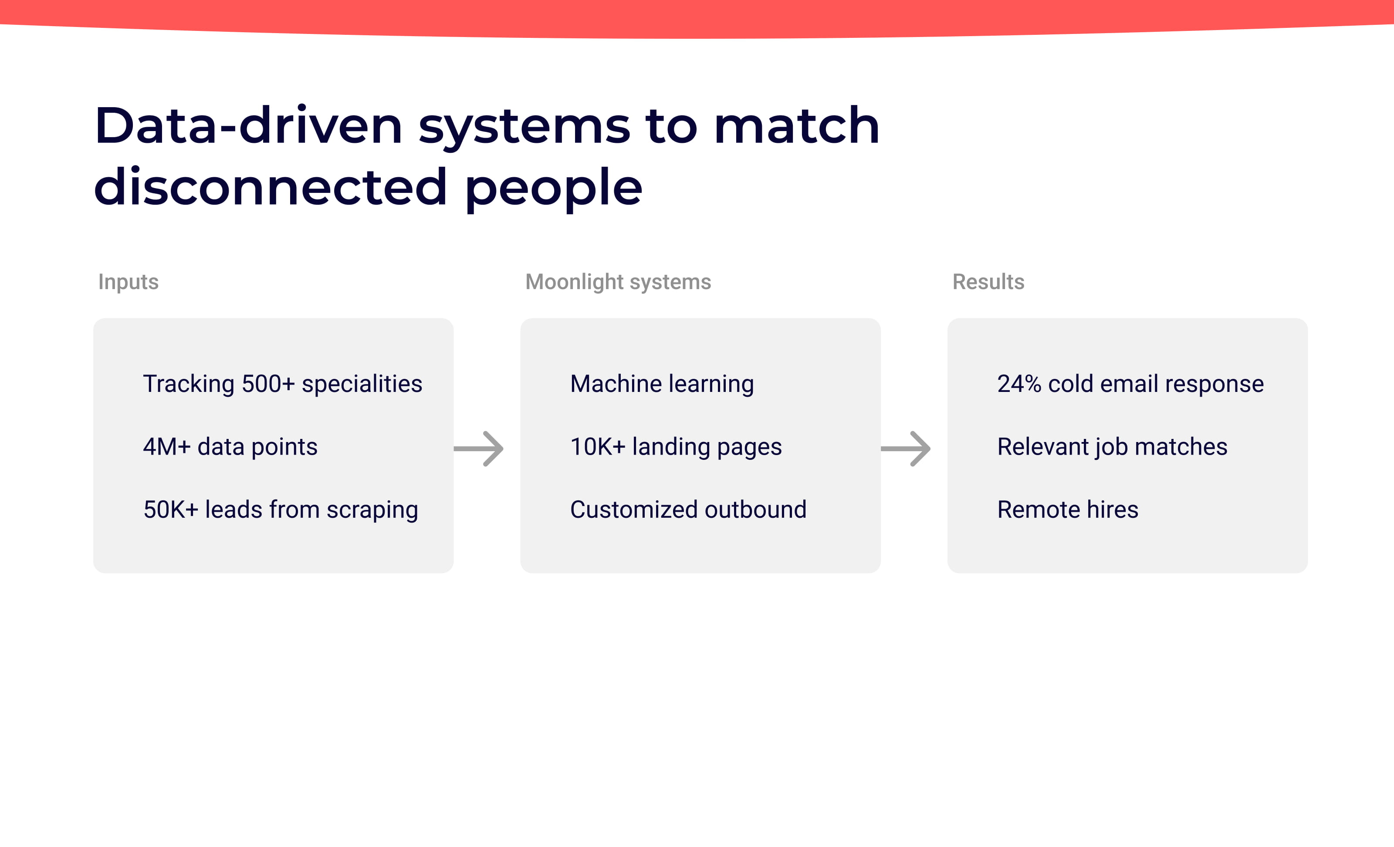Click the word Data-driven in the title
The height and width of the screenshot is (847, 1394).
[x=248, y=125]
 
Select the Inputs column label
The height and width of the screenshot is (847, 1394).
[x=129, y=282]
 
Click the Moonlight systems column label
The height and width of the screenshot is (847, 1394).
[x=618, y=282]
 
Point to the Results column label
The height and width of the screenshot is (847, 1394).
[x=988, y=282]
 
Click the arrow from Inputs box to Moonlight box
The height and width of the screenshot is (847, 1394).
[x=479, y=449]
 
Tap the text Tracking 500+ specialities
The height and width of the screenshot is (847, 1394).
[x=282, y=384]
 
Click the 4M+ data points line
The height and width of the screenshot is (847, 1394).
[x=230, y=447]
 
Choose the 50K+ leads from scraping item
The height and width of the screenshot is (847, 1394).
[x=281, y=510]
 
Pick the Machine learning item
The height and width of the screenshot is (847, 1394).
[x=662, y=384]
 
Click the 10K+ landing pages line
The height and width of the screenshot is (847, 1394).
[x=676, y=447]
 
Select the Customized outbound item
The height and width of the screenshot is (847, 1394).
[x=688, y=510]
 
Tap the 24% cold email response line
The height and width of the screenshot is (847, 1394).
[x=1130, y=384]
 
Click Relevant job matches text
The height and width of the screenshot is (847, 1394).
[x=1112, y=447]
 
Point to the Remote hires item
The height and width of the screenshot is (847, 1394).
[x=1067, y=510]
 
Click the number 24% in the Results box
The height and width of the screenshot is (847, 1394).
[x=1018, y=384]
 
